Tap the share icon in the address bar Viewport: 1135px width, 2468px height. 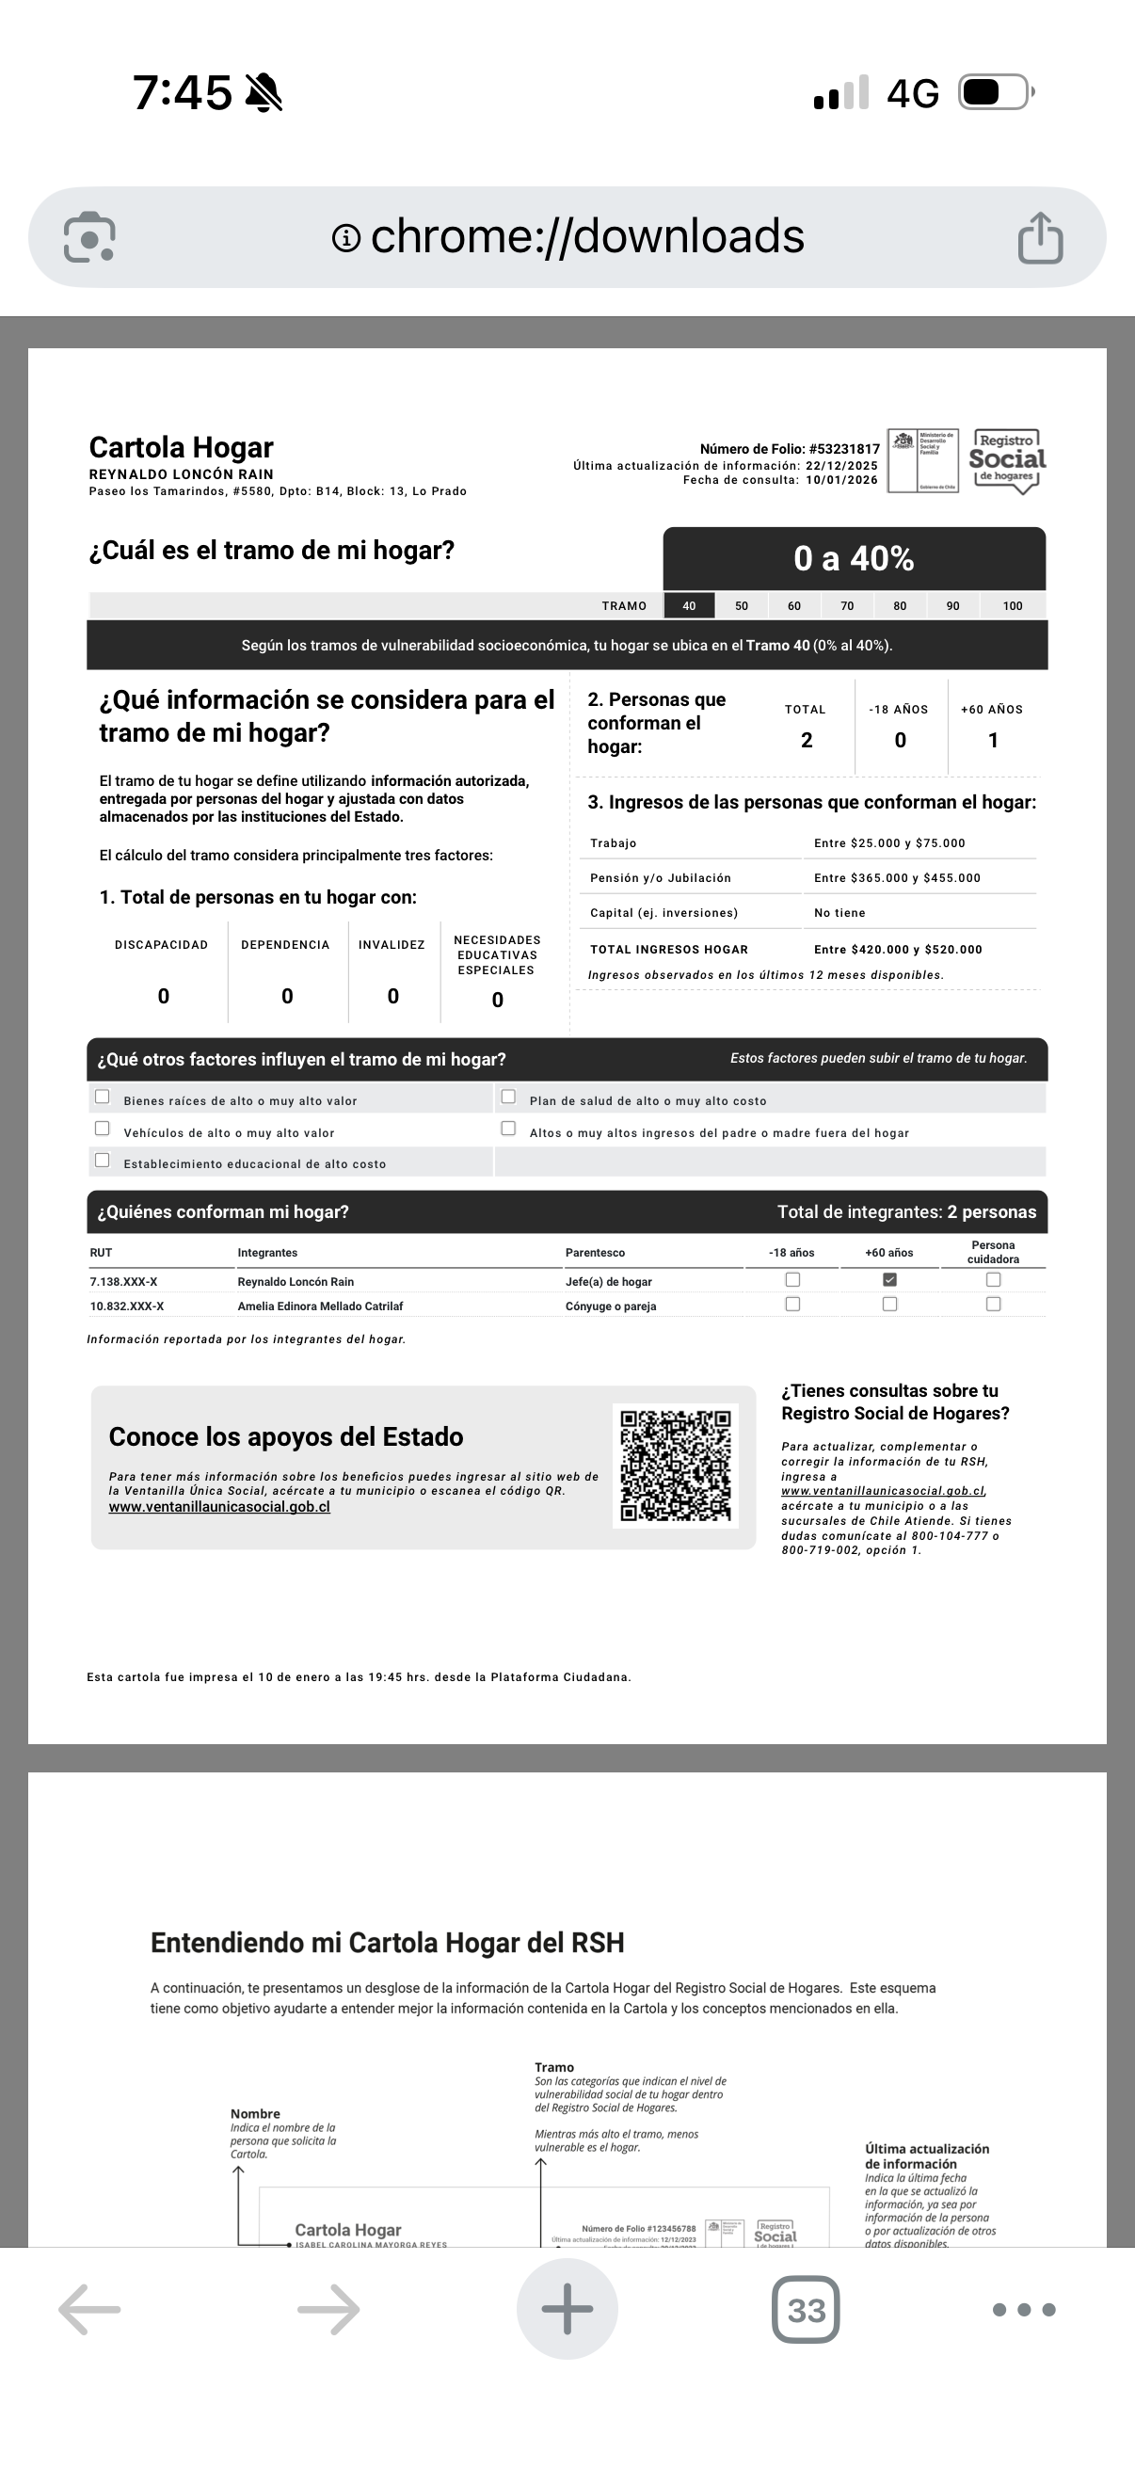click(1040, 237)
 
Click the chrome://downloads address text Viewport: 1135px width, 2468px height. click(586, 236)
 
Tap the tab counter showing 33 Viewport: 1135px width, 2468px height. click(806, 2310)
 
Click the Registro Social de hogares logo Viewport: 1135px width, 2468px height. click(1007, 461)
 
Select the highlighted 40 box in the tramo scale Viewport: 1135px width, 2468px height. click(689, 605)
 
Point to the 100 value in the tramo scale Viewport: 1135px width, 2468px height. click(1013, 605)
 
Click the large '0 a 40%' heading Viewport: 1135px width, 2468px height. click(854, 558)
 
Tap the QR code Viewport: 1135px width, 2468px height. click(675, 1466)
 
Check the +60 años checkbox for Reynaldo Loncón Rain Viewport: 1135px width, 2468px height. click(889, 1280)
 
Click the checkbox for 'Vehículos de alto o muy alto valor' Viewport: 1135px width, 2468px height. click(103, 1129)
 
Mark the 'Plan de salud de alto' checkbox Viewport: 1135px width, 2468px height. click(508, 1097)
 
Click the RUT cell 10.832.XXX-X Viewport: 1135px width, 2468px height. click(126, 1306)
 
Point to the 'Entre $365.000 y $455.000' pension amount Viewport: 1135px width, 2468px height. click(897, 877)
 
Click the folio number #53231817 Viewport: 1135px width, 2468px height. click(844, 448)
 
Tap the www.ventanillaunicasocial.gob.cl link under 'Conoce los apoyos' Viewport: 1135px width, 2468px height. click(219, 1507)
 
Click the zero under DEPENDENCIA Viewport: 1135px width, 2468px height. click(286, 997)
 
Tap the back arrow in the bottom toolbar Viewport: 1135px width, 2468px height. click(89, 2310)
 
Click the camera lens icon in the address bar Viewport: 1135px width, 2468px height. click(89, 236)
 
